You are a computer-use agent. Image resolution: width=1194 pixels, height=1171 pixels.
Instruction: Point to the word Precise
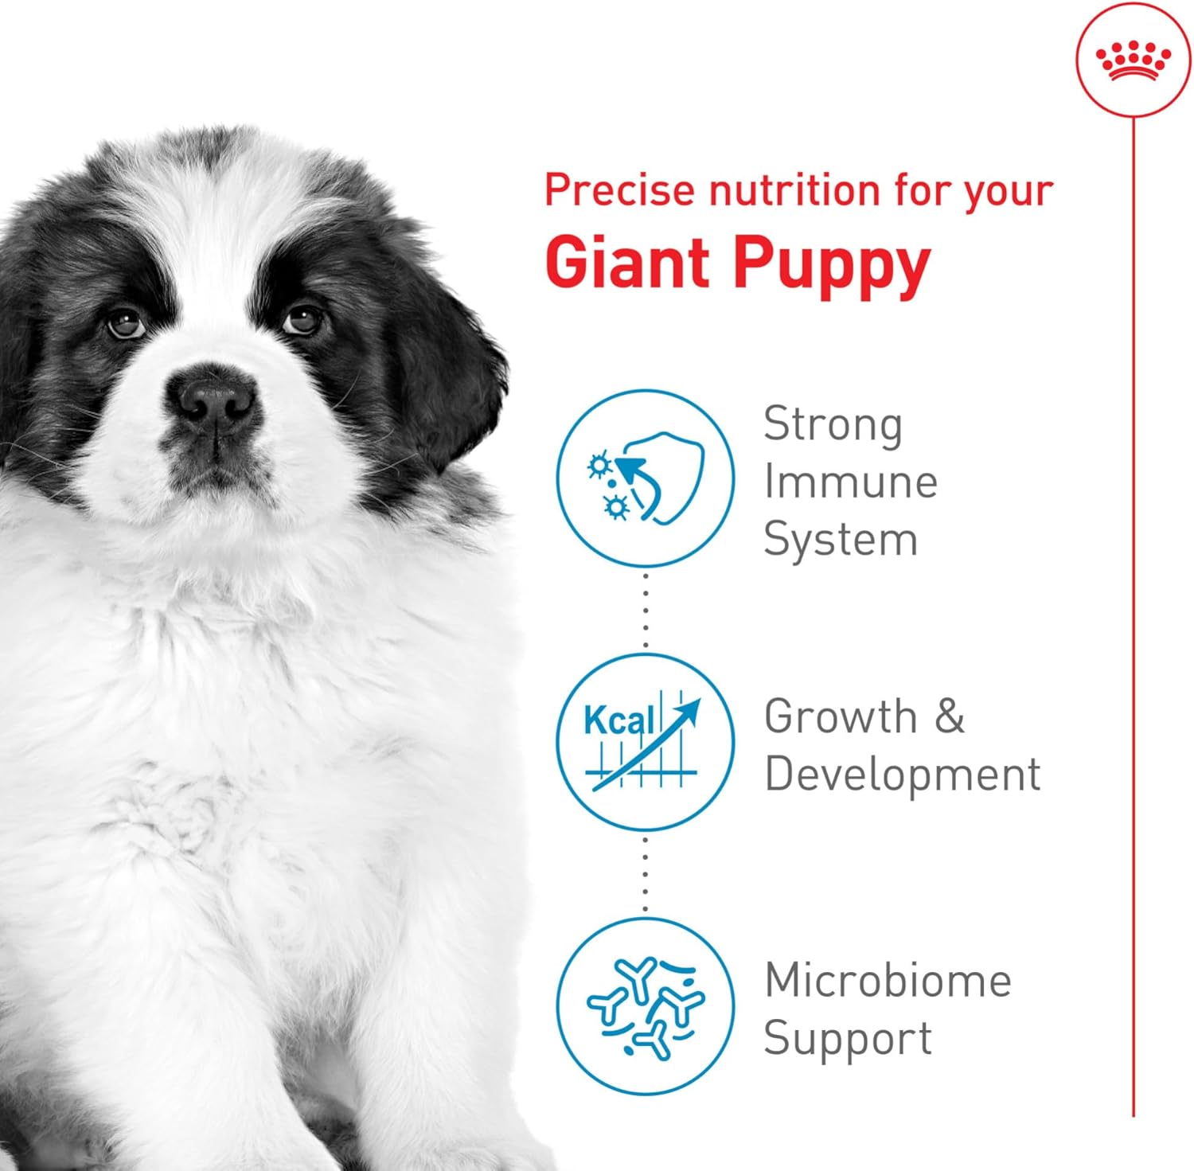pyautogui.click(x=619, y=190)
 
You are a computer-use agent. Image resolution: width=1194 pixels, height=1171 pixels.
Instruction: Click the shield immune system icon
pyautogui.click(x=645, y=478)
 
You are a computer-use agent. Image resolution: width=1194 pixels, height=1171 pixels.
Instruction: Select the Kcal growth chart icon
pyautogui.click(x=645, y=742)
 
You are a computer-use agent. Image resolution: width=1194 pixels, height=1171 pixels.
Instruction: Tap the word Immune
pyautogui.click(x=850, y=482)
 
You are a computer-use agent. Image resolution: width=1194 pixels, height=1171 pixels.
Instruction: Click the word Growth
pyautogui.click(x=840, y=716)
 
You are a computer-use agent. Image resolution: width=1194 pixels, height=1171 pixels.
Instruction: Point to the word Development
pyautogui.click(x=902, y=775)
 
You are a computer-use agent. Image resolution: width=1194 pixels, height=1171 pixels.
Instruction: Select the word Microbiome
pyautogui.click(x=888, y=980)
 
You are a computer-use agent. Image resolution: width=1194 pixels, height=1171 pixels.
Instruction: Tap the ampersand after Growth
pyautogui.click(x=949, y=716)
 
